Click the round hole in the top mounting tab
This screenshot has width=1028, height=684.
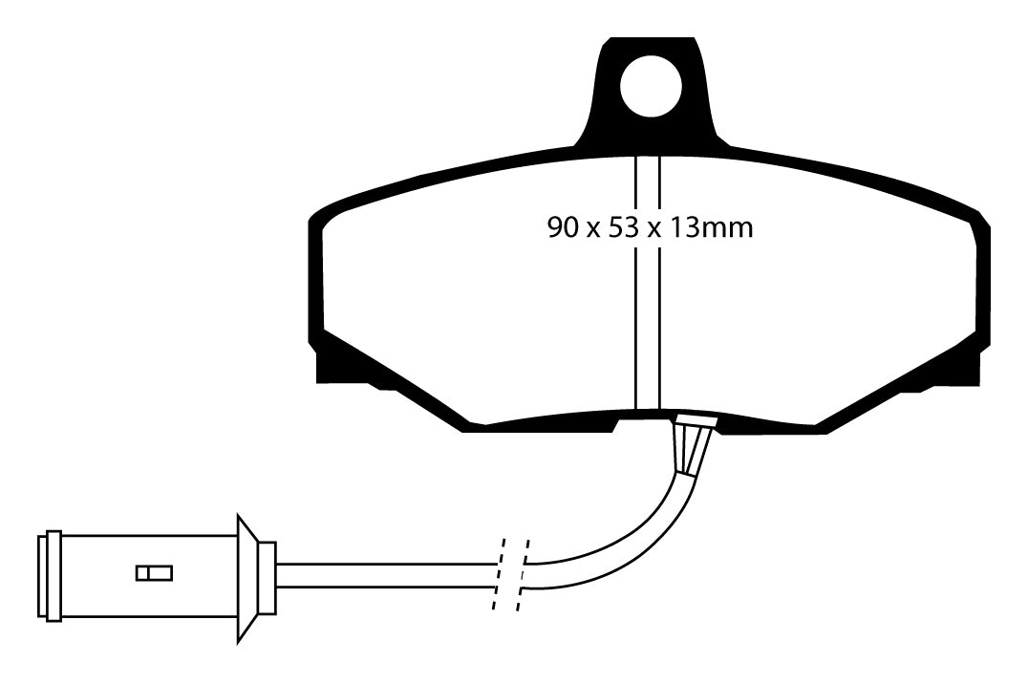point(651,87)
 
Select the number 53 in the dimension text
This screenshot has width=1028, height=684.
point(624,227)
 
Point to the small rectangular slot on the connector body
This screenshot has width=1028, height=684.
point(155,572)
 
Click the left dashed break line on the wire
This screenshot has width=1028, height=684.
point(500,574)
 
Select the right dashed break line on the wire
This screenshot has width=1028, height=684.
point(524,574)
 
